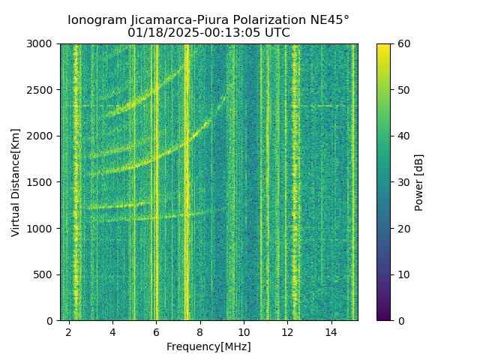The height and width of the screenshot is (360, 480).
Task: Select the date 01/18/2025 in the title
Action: pos(160,33)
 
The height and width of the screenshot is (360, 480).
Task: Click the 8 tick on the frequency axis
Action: pos(200,332)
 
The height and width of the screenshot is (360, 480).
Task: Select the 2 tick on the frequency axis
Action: pos(69,332)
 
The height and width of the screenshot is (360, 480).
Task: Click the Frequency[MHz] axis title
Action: pos(208,346)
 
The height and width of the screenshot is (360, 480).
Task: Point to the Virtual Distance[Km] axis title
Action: pos(16,182)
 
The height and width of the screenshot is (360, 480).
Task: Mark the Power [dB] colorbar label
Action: pos(419,182)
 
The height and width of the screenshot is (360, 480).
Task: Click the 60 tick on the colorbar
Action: pos(403,44)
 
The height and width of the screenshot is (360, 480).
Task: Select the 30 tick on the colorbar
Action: pos(403,182)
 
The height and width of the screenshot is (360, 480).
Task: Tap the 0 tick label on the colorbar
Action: pos(400,320)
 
